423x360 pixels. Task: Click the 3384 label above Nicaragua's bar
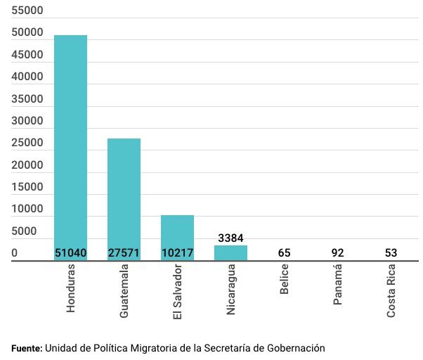click(x=230, y=238)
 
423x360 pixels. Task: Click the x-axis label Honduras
click(x=70, y=288)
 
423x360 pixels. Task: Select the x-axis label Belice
click(x=284, y=279)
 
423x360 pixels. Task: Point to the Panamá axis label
click(x=337, y=284)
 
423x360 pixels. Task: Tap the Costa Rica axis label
click(x=391, y=290)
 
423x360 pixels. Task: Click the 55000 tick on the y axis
click(x=27, y=11)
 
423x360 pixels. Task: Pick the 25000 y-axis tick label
click(x=27, y=143)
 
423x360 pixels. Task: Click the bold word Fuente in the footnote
click(x=26, y=348)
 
